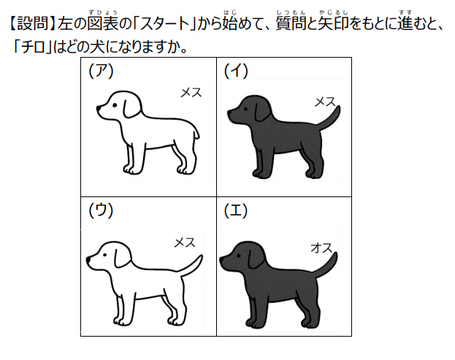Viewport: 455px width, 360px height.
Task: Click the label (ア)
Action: coord(101,71)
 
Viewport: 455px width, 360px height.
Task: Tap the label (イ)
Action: coord(236,71)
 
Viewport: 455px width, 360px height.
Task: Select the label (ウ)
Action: coord(101,211)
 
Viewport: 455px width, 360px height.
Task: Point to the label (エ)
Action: coord(236,211)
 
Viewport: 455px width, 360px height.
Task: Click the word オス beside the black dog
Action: coord(321,248)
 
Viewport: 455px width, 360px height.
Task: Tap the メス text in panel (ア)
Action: coord(191,93)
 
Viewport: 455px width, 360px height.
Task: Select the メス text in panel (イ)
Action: coord(325,102)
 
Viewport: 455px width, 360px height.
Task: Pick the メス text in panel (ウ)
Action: coord(185,242)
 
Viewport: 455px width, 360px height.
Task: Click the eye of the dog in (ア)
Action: coord(115,105)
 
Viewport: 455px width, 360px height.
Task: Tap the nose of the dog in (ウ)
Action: coord(88,258)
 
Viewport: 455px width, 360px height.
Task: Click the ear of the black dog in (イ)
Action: coord(261,111)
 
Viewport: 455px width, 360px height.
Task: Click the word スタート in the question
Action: coord(165,24)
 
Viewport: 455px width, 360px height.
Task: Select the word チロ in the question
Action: coord(34,47)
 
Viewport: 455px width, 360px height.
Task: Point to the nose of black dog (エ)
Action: coord(221,258)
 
